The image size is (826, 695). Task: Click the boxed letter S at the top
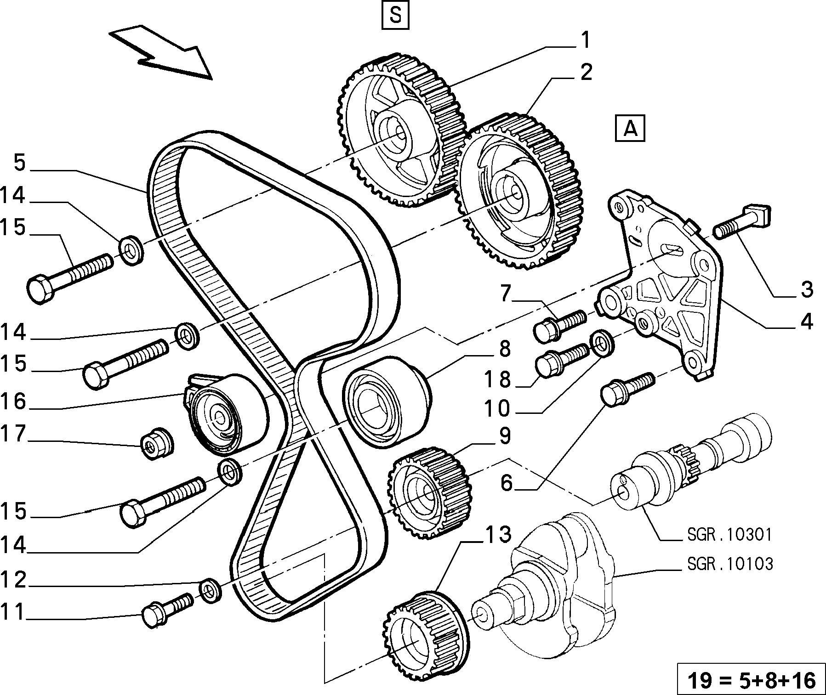click(x=395, y=17)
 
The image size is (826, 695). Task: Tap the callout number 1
click(x=584, y=40)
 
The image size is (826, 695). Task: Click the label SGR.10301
click(x=730, y=534)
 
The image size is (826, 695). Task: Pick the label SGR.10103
click(x=730, y=564)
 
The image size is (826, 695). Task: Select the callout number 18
click(x=497, y=380)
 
